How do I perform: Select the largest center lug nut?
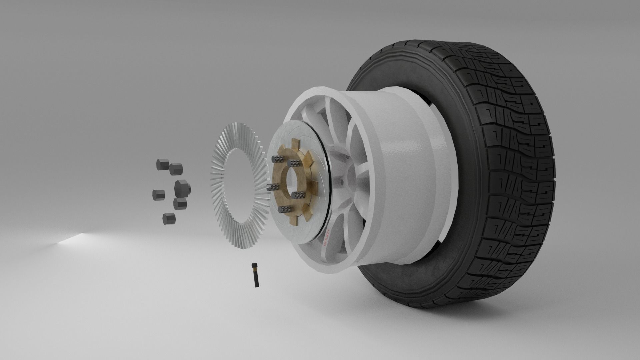(x=182, y=188)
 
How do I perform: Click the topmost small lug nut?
(x=161, y=164)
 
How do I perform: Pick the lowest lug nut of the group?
(x=169, y=218)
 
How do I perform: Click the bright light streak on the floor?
(x=72, y=240)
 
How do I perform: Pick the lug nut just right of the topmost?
(x=176, y=169)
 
